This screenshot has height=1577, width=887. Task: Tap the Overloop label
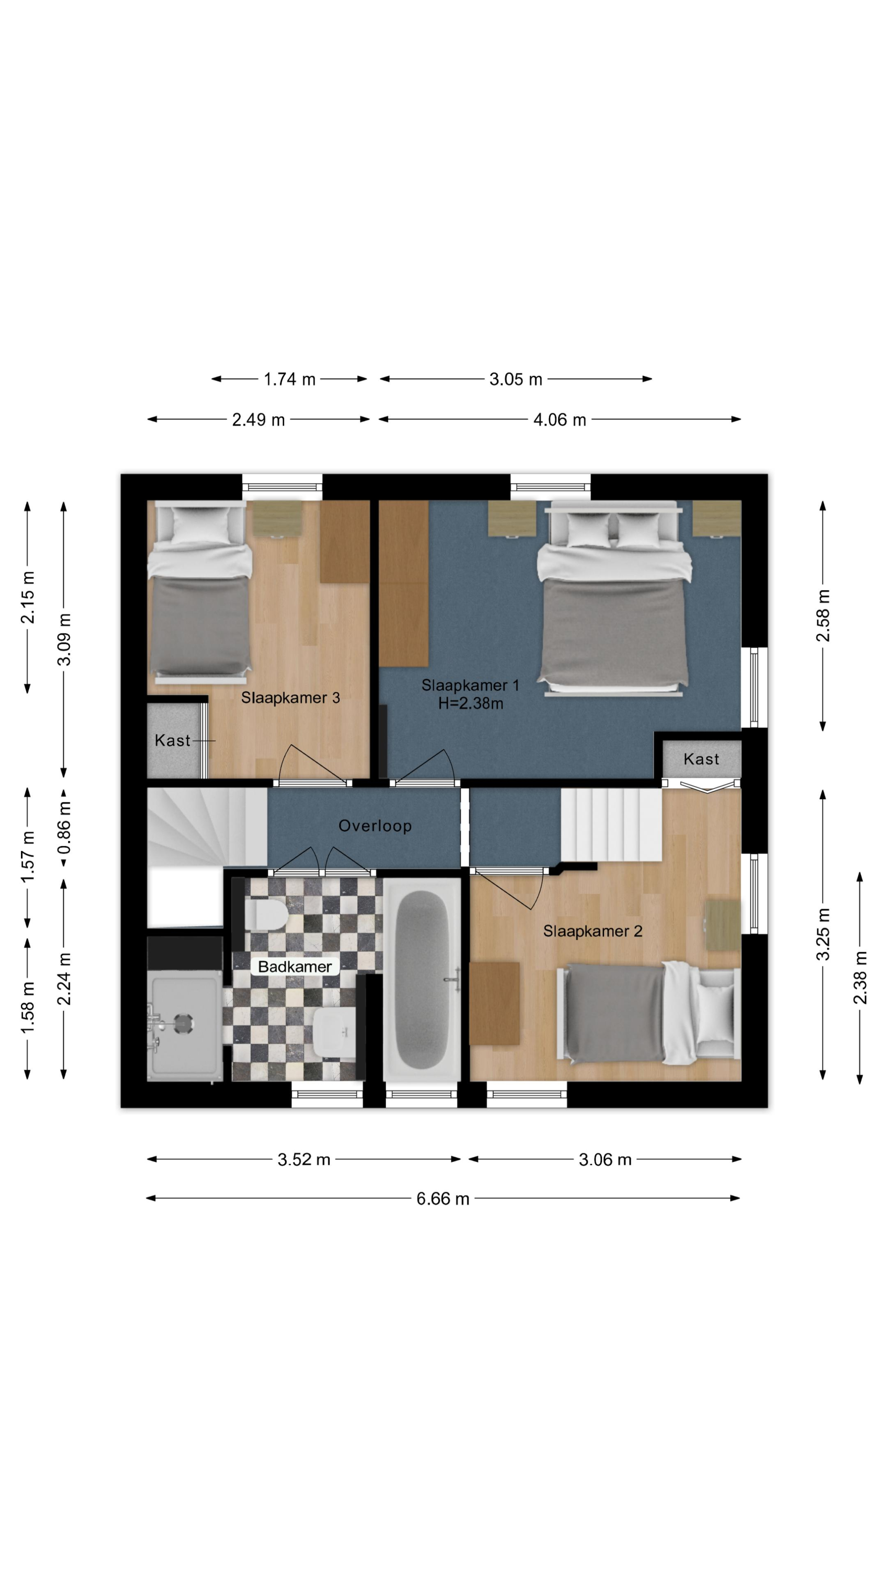[x=375, y=826]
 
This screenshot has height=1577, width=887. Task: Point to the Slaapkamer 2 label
[x=593, y=931]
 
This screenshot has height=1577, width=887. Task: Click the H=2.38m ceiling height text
[x=470, y=703]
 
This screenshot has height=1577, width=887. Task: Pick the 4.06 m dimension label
[x=560, y=420]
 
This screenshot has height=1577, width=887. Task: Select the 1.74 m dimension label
[x=290, y=380]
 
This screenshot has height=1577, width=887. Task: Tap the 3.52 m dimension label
[x=304, y=1159]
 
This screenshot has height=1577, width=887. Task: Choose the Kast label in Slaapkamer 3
[x=172, y=741]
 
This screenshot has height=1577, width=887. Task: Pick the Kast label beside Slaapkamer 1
[x=701, y=759]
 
